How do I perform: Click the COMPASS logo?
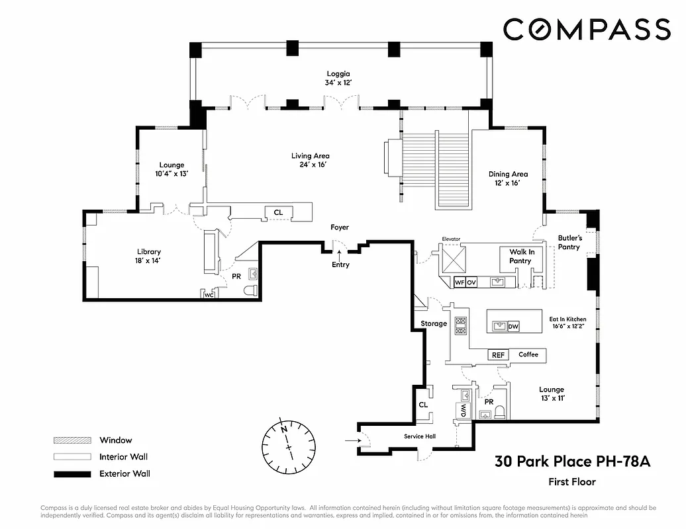pos(587,30)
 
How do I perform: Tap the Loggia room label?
pos(338,74)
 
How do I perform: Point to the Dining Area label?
pos(508,175)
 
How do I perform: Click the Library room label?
pos(149,252)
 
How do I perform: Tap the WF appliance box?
pos(459,282)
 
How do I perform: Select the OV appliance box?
pos(471,282)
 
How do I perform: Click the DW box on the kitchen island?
pos(513,326)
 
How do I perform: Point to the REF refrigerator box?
pos(498,355)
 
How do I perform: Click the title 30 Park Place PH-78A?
pos(573,462)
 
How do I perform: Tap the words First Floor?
pos(572,482)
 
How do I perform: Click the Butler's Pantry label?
pos(569,242)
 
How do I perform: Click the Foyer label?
pos(340,227)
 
